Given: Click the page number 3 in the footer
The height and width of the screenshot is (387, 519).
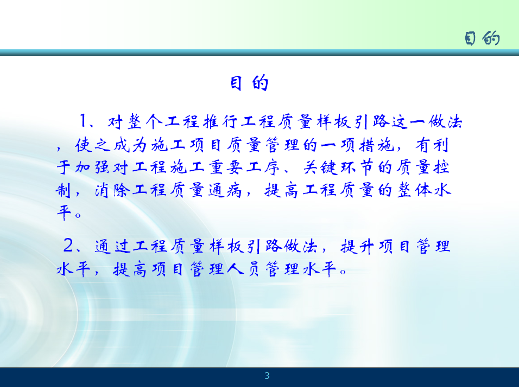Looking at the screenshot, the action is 267,376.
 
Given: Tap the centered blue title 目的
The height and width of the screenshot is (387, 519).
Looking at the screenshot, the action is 249,83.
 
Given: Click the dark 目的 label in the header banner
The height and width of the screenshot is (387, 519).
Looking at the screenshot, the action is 482,38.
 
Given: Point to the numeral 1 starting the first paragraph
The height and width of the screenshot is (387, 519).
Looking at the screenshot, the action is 83,121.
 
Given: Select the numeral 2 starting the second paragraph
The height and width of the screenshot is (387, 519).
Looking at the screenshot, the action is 68,245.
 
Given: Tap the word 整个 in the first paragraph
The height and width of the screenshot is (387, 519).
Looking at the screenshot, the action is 145,121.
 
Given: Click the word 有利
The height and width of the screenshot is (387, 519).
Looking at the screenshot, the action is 432,145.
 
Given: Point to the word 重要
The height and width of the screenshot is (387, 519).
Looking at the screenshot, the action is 225,167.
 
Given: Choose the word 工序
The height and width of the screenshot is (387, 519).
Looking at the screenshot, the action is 263,167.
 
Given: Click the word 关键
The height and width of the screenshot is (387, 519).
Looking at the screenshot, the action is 320,167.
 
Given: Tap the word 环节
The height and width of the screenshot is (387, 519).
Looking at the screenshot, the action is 357,167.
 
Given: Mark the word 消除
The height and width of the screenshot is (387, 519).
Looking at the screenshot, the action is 111,190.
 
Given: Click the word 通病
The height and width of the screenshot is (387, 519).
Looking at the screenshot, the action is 225,190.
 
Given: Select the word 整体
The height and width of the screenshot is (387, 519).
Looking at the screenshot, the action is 414,190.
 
